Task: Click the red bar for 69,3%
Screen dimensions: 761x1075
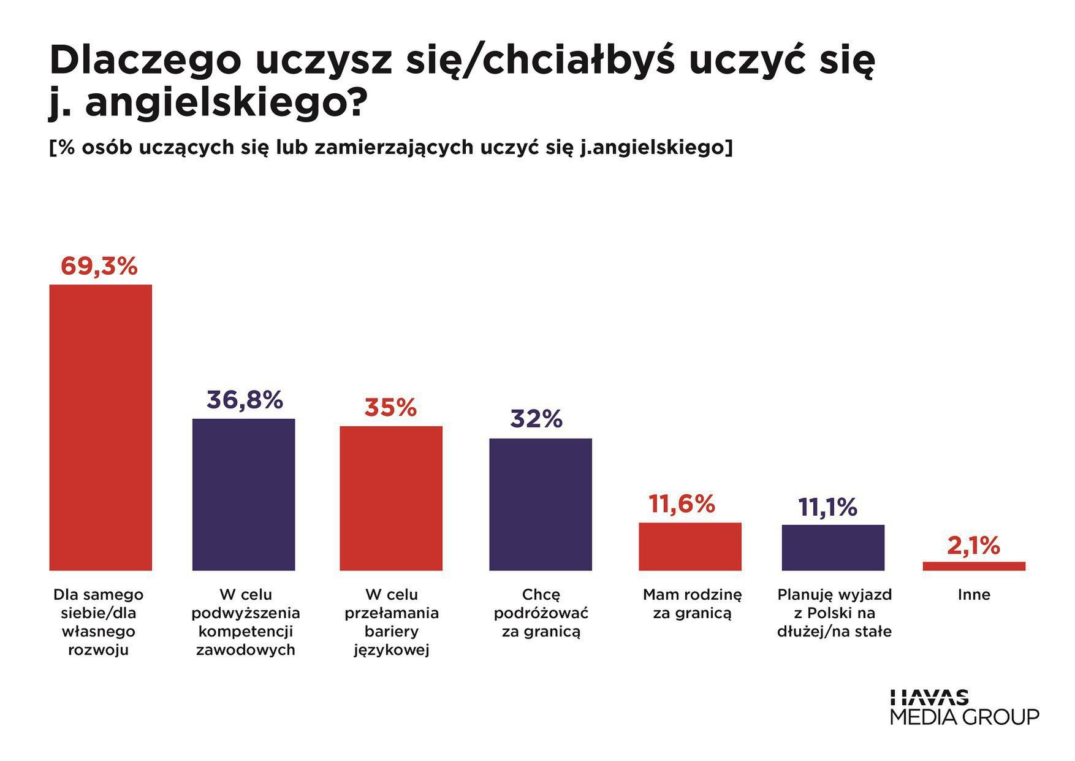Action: click(101, 427)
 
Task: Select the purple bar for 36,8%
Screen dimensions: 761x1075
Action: click(243, 494)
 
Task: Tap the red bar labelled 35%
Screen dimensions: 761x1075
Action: click(391, 498)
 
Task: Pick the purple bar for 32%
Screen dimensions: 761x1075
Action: click(540, 504)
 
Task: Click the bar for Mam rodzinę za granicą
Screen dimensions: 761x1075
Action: click(689, 546)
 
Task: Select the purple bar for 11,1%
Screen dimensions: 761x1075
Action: click(833, 548)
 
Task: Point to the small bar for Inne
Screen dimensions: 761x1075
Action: click(974, 566)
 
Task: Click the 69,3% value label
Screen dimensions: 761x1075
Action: click(99, 267)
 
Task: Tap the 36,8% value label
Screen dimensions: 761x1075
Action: click(245, 400)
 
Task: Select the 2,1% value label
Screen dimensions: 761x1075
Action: click(973, 546)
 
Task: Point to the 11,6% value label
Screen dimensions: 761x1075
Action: click(682, 504)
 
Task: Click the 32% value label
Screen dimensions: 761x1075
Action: click(536, 419)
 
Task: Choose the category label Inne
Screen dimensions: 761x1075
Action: click(974, 595)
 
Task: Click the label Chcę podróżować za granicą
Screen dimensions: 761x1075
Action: click(541, 613)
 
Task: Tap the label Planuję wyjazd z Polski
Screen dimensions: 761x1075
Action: click(834, 613)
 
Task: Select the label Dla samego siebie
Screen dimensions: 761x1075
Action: click(99, 622)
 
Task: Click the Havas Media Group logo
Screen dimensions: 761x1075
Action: click(964, 707)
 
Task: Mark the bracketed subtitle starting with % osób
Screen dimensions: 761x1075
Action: click(390, 148)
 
